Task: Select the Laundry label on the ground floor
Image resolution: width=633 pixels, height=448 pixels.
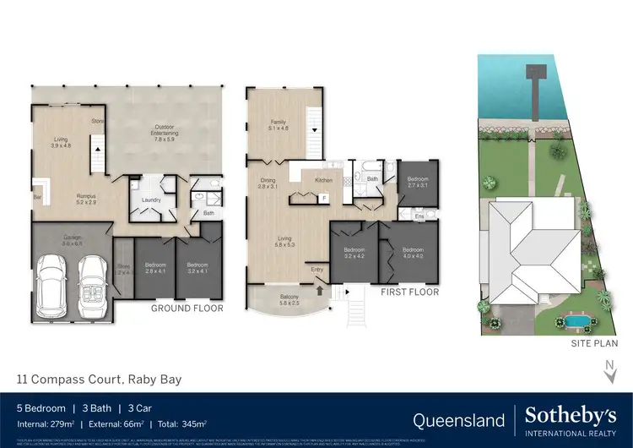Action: tap(152, 200)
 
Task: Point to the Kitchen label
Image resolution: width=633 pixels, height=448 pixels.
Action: tap(324, 180)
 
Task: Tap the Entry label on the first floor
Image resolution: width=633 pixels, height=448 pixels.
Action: tap(317, 270)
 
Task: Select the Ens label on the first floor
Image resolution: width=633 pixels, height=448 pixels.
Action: tap(419, 217)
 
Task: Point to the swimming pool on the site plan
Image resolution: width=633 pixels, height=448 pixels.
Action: tap(576, 322)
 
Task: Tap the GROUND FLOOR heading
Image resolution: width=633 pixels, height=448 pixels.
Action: tap(187, 309)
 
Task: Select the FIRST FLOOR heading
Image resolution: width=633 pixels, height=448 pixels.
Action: tap(409, 292)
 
